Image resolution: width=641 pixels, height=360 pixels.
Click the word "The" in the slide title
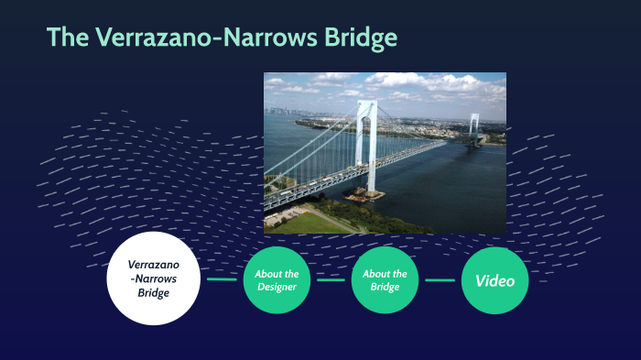(68, 38)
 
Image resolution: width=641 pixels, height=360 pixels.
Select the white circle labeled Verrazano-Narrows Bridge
(153, 278)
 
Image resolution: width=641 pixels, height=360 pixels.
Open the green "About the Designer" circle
(277, 280)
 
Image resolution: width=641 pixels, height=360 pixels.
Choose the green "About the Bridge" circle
(385, 280)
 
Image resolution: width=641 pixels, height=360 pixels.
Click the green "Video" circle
(494, 280)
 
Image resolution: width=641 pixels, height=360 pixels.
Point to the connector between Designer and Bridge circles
(331, 279)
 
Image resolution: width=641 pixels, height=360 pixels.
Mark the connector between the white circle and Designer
(222, 279)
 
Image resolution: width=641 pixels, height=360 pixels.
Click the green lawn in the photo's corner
(302, 223)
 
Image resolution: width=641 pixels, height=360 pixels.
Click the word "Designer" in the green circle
(277, 288)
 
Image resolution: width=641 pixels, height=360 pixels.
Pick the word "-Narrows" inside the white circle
(153, 279)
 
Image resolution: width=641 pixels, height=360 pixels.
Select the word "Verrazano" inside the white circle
(153, 265)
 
